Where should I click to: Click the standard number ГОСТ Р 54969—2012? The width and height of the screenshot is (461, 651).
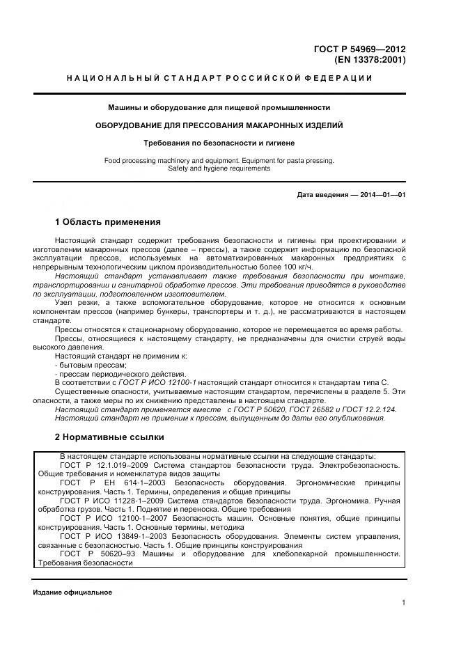(x=360, y=49)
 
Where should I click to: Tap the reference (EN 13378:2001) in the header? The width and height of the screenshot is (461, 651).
(x=369, y=60)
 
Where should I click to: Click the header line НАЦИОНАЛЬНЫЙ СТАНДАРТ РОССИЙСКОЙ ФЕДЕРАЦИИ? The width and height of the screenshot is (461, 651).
(x=219, y=78)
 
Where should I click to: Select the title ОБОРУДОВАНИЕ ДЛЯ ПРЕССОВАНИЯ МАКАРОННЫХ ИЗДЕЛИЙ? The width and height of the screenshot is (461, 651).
(x=219, y=125)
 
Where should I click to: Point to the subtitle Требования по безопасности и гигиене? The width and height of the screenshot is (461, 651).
(x=219, y=143)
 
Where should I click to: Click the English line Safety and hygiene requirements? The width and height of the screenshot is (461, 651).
(x=219, y=168)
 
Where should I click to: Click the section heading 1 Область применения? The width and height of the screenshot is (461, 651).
(x=107, y=222)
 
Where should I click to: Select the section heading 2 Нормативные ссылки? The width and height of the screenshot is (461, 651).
(x=109, y=437)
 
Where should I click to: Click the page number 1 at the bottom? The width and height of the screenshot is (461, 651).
(x=403, y=603)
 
